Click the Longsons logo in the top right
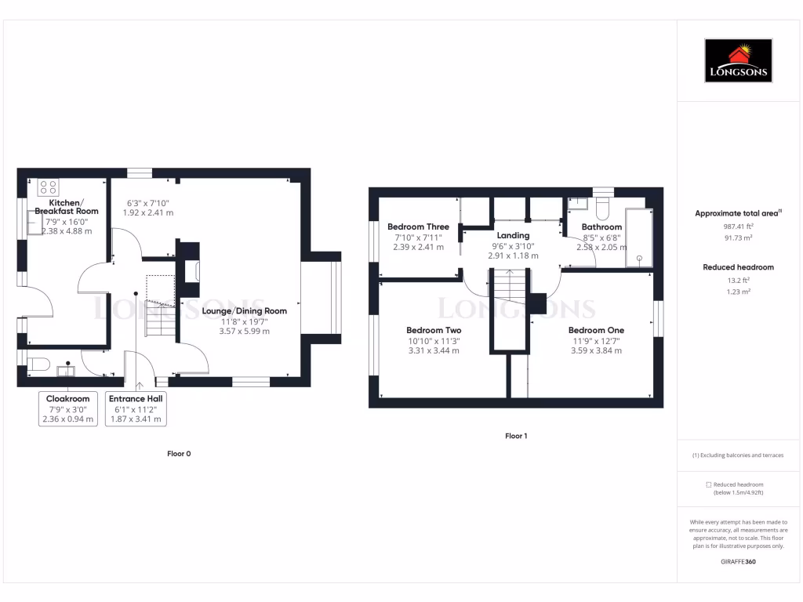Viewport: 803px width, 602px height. [x=739, y=61]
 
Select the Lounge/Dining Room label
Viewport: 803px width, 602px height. [x=244, y=310]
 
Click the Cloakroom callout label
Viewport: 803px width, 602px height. [x=67, y=398]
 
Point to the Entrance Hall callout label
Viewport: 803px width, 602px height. [x=136, y=398]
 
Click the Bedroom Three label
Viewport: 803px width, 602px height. [x=418, y=227]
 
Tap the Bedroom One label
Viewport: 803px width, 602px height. [x=596, y=330]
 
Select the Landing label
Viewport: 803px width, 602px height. [x=514, y=235]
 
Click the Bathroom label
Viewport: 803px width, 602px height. [x=601, y=227]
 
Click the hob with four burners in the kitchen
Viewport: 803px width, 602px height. [x=48, y=187]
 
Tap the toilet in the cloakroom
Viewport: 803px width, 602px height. [x=38, y=363]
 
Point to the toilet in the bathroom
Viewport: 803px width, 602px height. [x=603, y=206]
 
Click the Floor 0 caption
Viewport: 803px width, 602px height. [x=179, y=454]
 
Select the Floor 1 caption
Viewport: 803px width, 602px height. [x=515, y=436]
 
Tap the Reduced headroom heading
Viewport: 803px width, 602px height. [x=738, y=267]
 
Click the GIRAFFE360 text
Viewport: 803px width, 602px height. [x=738, y=562]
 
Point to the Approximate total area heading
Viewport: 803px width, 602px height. [x=738, y=213]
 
